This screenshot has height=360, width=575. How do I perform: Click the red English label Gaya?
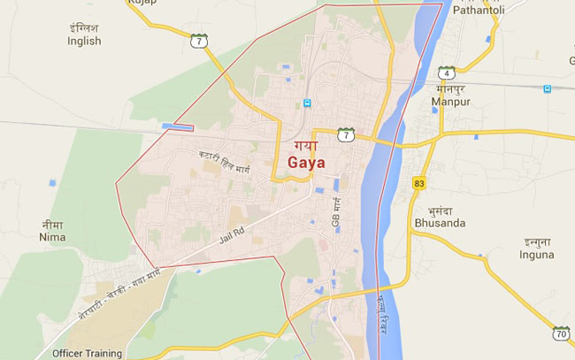click(306, 164)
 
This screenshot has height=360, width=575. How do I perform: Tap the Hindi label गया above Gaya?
click(303, 144)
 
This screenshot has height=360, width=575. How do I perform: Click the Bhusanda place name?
click(439, 223)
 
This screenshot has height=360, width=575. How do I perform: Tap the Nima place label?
click(52, 238)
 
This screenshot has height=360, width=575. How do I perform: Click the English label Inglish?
click(85, 41)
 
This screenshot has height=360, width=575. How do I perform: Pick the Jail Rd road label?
click(228, 236)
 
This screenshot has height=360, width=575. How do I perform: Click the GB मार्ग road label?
click(336, 215)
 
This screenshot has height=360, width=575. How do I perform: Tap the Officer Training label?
click(87, 353)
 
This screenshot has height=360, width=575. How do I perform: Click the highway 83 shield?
click(418, 182)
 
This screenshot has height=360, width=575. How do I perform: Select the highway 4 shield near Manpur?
click(448, 73)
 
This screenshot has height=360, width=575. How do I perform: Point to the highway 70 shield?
click(562, 334)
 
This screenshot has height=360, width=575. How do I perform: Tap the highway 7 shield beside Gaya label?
click(346, 134)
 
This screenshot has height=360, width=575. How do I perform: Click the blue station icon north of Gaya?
click(307, 103)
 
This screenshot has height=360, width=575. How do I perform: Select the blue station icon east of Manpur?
click(548, 88)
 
